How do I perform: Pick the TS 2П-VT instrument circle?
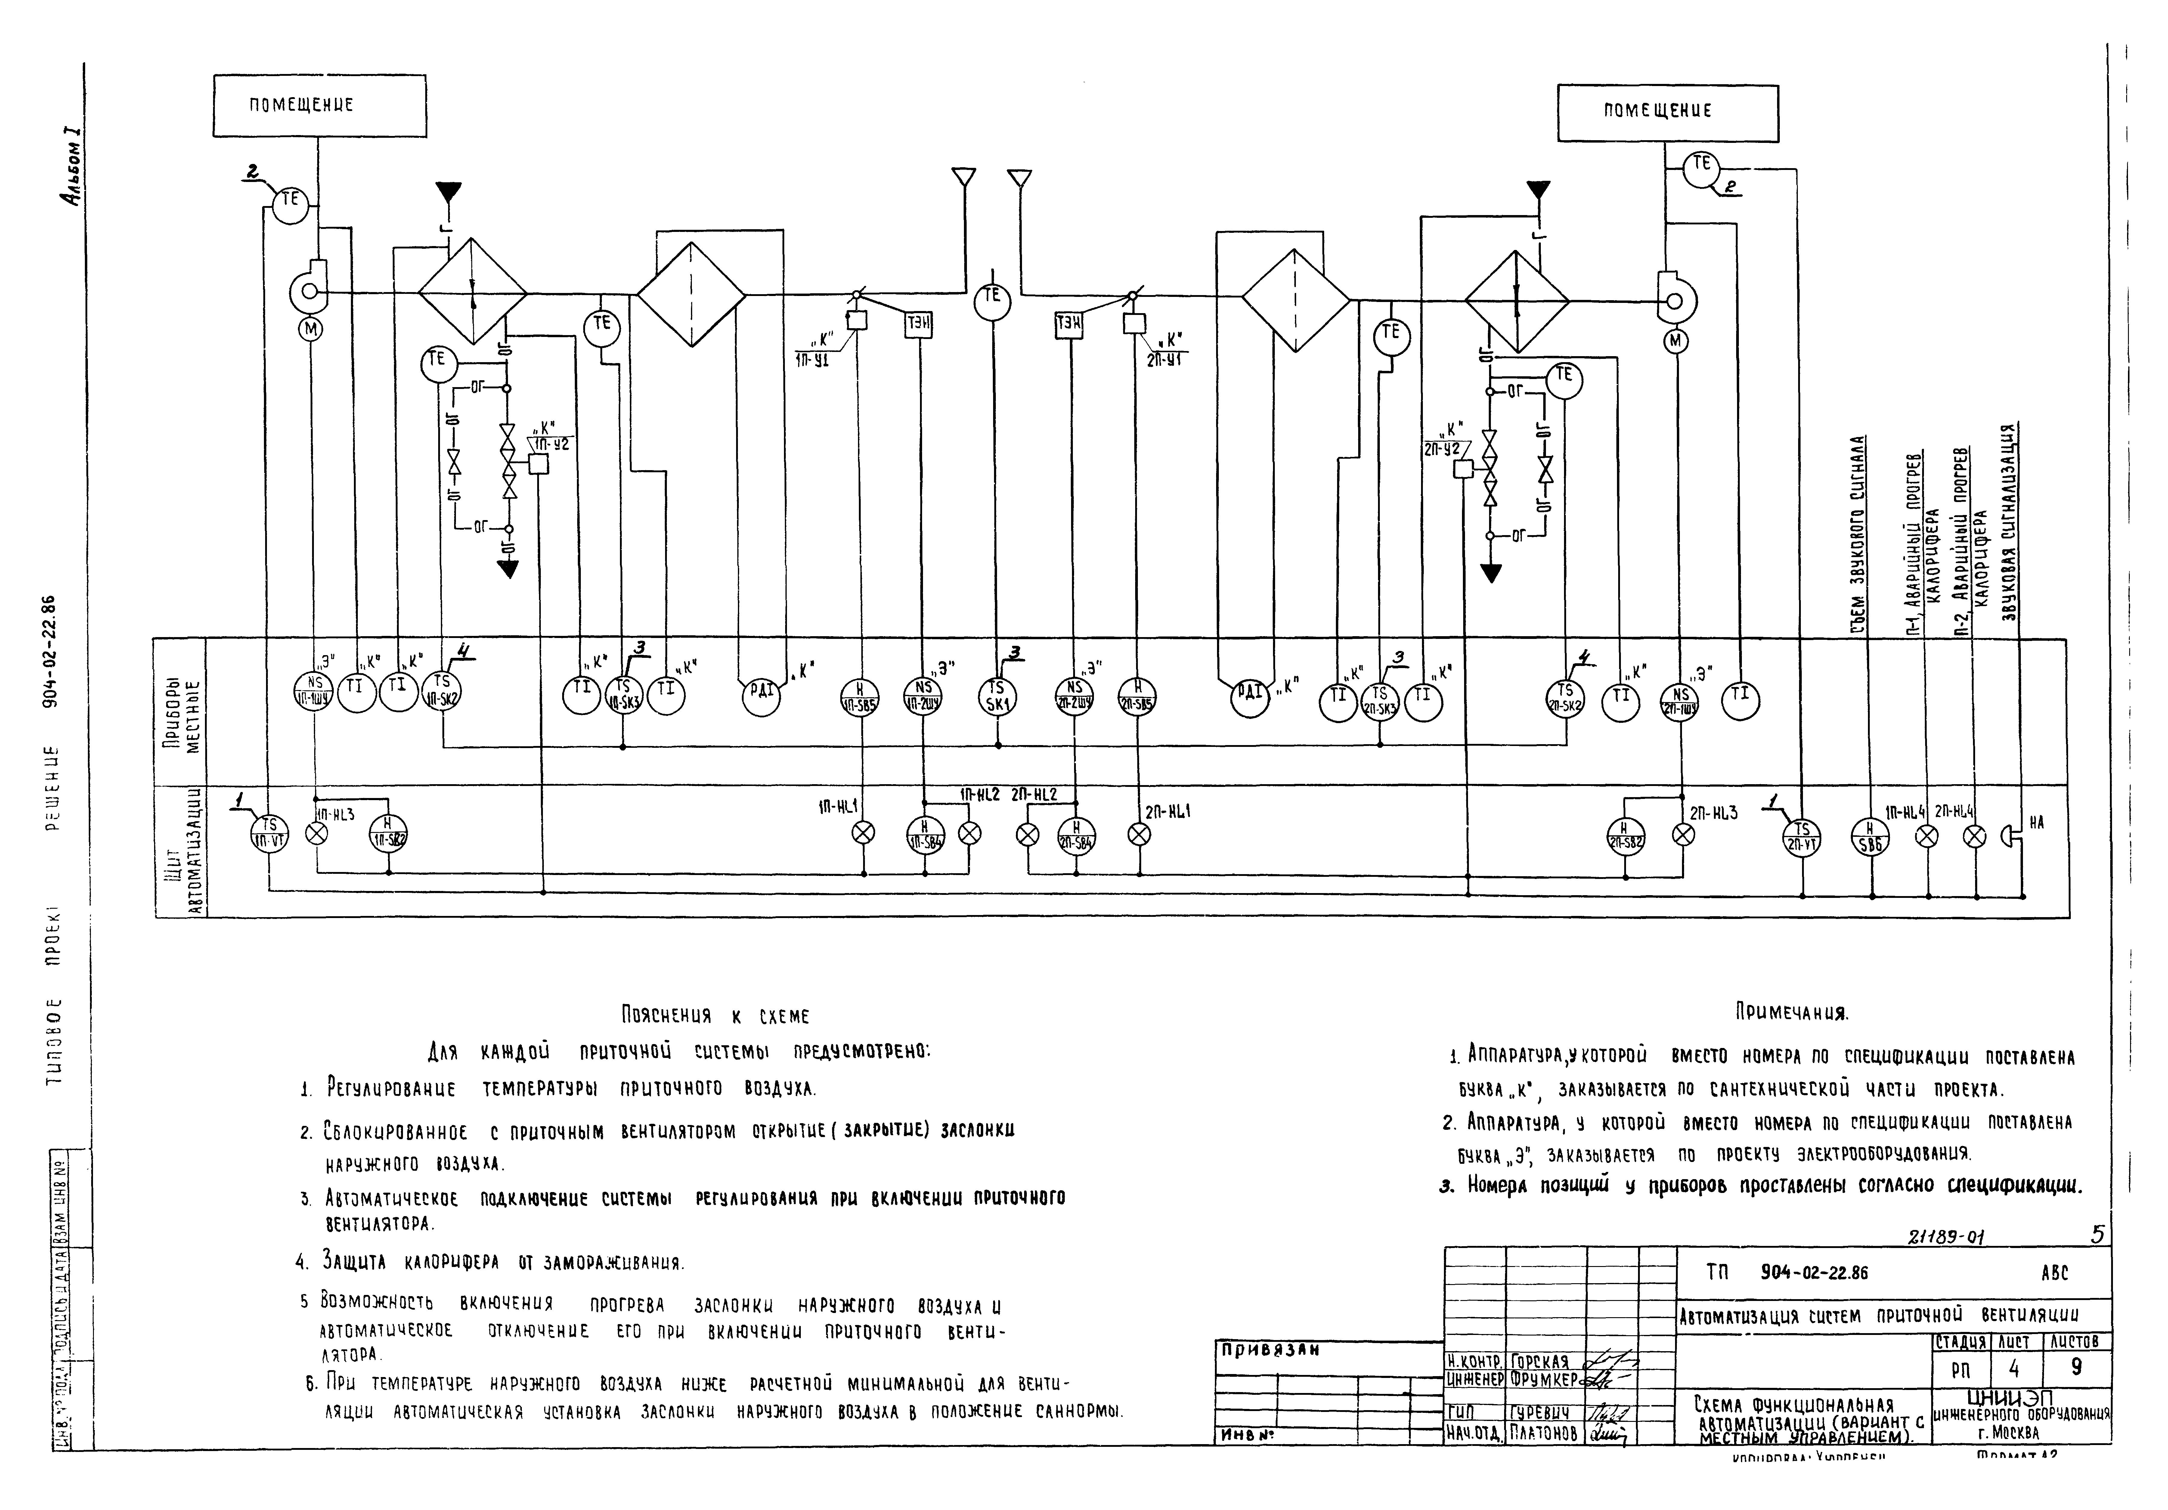click(1802, 836)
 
